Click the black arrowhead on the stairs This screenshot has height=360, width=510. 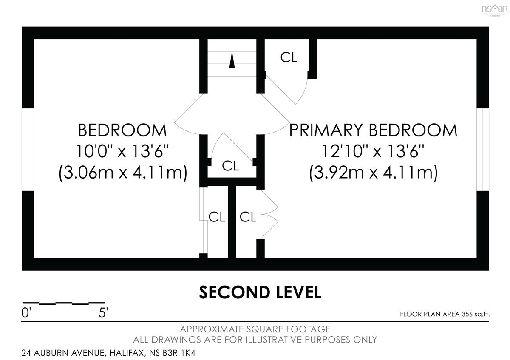(x=232, y=60)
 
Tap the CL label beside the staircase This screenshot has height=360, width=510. (x=289, y=57)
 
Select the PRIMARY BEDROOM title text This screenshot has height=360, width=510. (x=373, y=130)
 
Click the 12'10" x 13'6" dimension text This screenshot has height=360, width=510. (x=373, y=151)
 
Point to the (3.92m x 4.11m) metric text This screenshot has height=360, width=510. (x=373, y=173)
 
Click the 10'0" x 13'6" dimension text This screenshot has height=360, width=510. (x=122, y=151)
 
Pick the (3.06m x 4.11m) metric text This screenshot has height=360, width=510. (x=123, y=173)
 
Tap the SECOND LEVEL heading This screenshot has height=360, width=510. (x=260, y=292)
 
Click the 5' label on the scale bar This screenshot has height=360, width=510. (x=103, y=313)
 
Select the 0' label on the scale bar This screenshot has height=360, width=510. (x=26, y=313)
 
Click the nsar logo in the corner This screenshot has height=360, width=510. (x=495, y=10)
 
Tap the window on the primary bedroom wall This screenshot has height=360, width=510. (x=483, y=149)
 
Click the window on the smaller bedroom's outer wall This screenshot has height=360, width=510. (x=28, y=149)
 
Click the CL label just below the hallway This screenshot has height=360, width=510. (x=230, y=165)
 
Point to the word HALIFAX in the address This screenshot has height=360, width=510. (x=126, y=353)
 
